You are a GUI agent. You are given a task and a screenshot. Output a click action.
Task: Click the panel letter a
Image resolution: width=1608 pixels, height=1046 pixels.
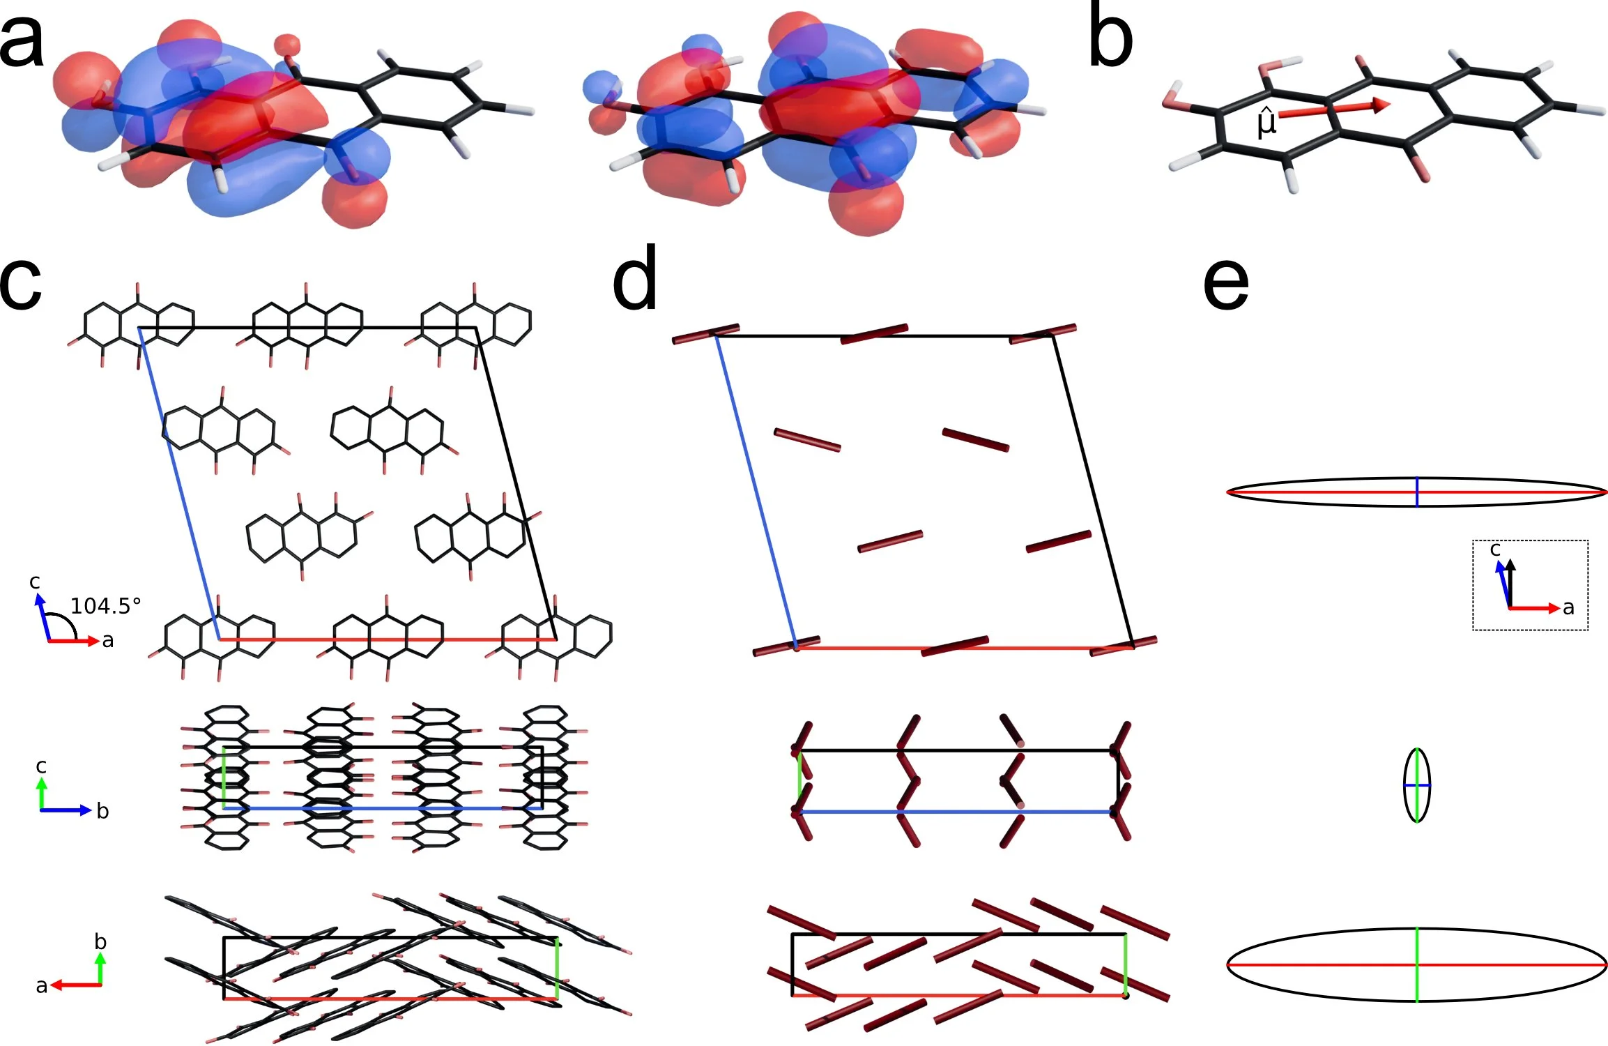(22, 42)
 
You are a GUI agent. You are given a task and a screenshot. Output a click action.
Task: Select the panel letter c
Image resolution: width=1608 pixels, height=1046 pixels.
(21, 284)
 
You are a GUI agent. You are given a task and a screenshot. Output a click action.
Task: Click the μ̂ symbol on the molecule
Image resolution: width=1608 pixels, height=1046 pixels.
(1266, 121)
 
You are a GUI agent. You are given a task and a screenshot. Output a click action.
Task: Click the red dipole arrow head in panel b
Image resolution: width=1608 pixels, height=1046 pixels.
(1381, 105)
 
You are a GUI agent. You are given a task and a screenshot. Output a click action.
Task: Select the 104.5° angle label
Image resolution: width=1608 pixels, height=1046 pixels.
(105, 606)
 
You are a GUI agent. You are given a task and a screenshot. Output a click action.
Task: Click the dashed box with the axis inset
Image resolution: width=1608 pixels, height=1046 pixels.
(1530, 584)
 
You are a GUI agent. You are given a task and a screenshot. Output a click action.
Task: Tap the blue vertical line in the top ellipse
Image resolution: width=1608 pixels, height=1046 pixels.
(1416, 492)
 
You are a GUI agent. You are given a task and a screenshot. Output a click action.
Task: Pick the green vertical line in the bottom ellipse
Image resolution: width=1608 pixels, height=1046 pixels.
(1416, 964)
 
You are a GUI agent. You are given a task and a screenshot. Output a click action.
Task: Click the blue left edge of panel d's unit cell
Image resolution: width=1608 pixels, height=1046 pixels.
(756, 492)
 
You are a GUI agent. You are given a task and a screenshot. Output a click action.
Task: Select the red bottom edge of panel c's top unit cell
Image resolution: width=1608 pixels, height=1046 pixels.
(388, 639)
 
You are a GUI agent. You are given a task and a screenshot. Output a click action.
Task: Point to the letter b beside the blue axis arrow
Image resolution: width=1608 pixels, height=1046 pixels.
(102, 810)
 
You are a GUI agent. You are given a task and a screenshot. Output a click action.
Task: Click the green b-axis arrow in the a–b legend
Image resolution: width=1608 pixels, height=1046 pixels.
(100, 968)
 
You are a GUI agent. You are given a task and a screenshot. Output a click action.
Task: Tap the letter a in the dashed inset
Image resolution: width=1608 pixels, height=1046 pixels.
(1568, 607)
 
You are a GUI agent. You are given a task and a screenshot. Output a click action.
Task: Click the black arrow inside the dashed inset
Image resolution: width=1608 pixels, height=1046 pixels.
(1510, 583)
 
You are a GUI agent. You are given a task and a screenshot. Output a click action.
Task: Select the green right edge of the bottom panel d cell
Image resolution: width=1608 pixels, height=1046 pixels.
(1126, 964)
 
